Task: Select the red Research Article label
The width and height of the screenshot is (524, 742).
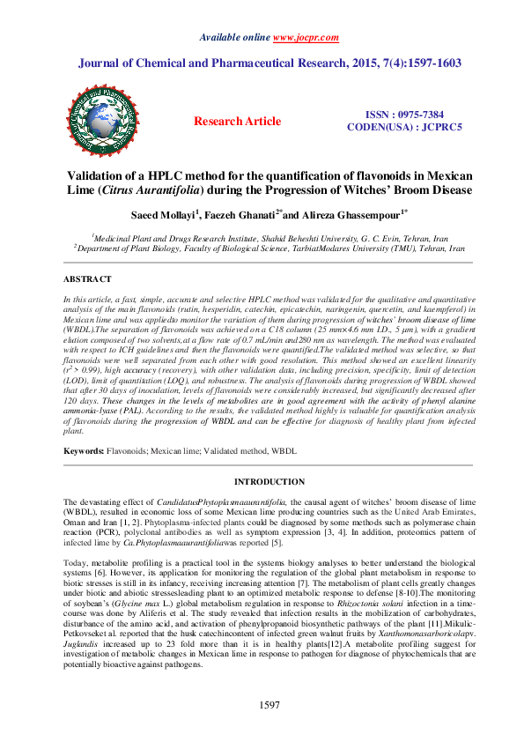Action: tap(237, 122)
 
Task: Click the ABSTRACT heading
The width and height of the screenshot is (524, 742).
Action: tap(86, 278)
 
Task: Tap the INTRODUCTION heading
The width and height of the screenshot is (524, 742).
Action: tap(268, 482)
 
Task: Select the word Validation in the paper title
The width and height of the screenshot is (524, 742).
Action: tap(95, 175)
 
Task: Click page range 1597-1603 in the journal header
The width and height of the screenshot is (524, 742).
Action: tap(428, 63)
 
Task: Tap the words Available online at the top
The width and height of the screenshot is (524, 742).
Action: tap(235, 39)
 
